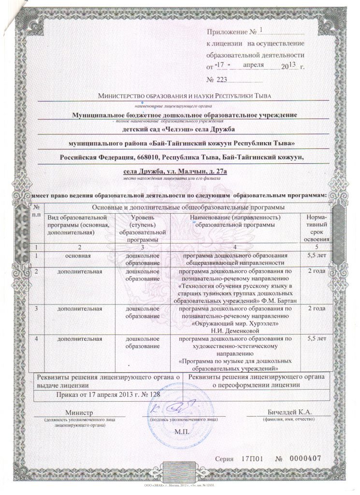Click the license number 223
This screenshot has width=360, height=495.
click(x=220, y=79)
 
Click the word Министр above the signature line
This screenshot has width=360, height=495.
click(x=80, y=412)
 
